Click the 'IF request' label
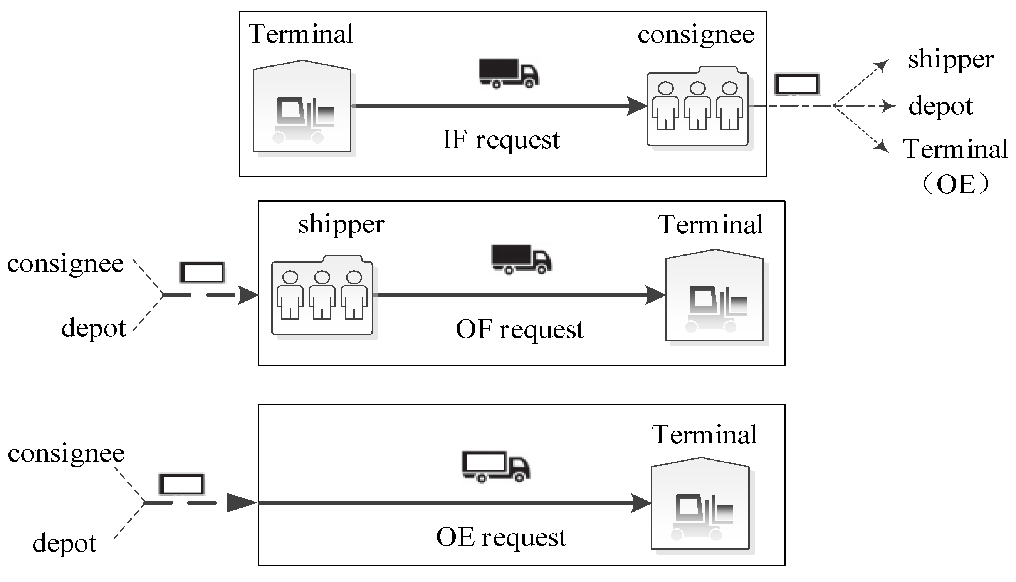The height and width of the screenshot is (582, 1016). (501, 140)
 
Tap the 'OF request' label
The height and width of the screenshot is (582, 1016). (519, 330)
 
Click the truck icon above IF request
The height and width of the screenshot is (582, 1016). (509, 73)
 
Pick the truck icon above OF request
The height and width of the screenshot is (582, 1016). (521, 259)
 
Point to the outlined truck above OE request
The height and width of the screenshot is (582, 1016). (495, 466)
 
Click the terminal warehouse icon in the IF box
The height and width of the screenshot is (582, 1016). (302, 107)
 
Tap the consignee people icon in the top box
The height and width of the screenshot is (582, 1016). (698, 107)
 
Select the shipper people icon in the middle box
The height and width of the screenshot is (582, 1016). (322, 296)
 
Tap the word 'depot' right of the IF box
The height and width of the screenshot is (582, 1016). (940, 106)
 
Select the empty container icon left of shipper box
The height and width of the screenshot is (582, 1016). (202, 273)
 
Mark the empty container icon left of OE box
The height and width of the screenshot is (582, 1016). (181, 484)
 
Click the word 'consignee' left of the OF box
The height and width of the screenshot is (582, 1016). (65, 264)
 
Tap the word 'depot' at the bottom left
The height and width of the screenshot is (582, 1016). (64, 543)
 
